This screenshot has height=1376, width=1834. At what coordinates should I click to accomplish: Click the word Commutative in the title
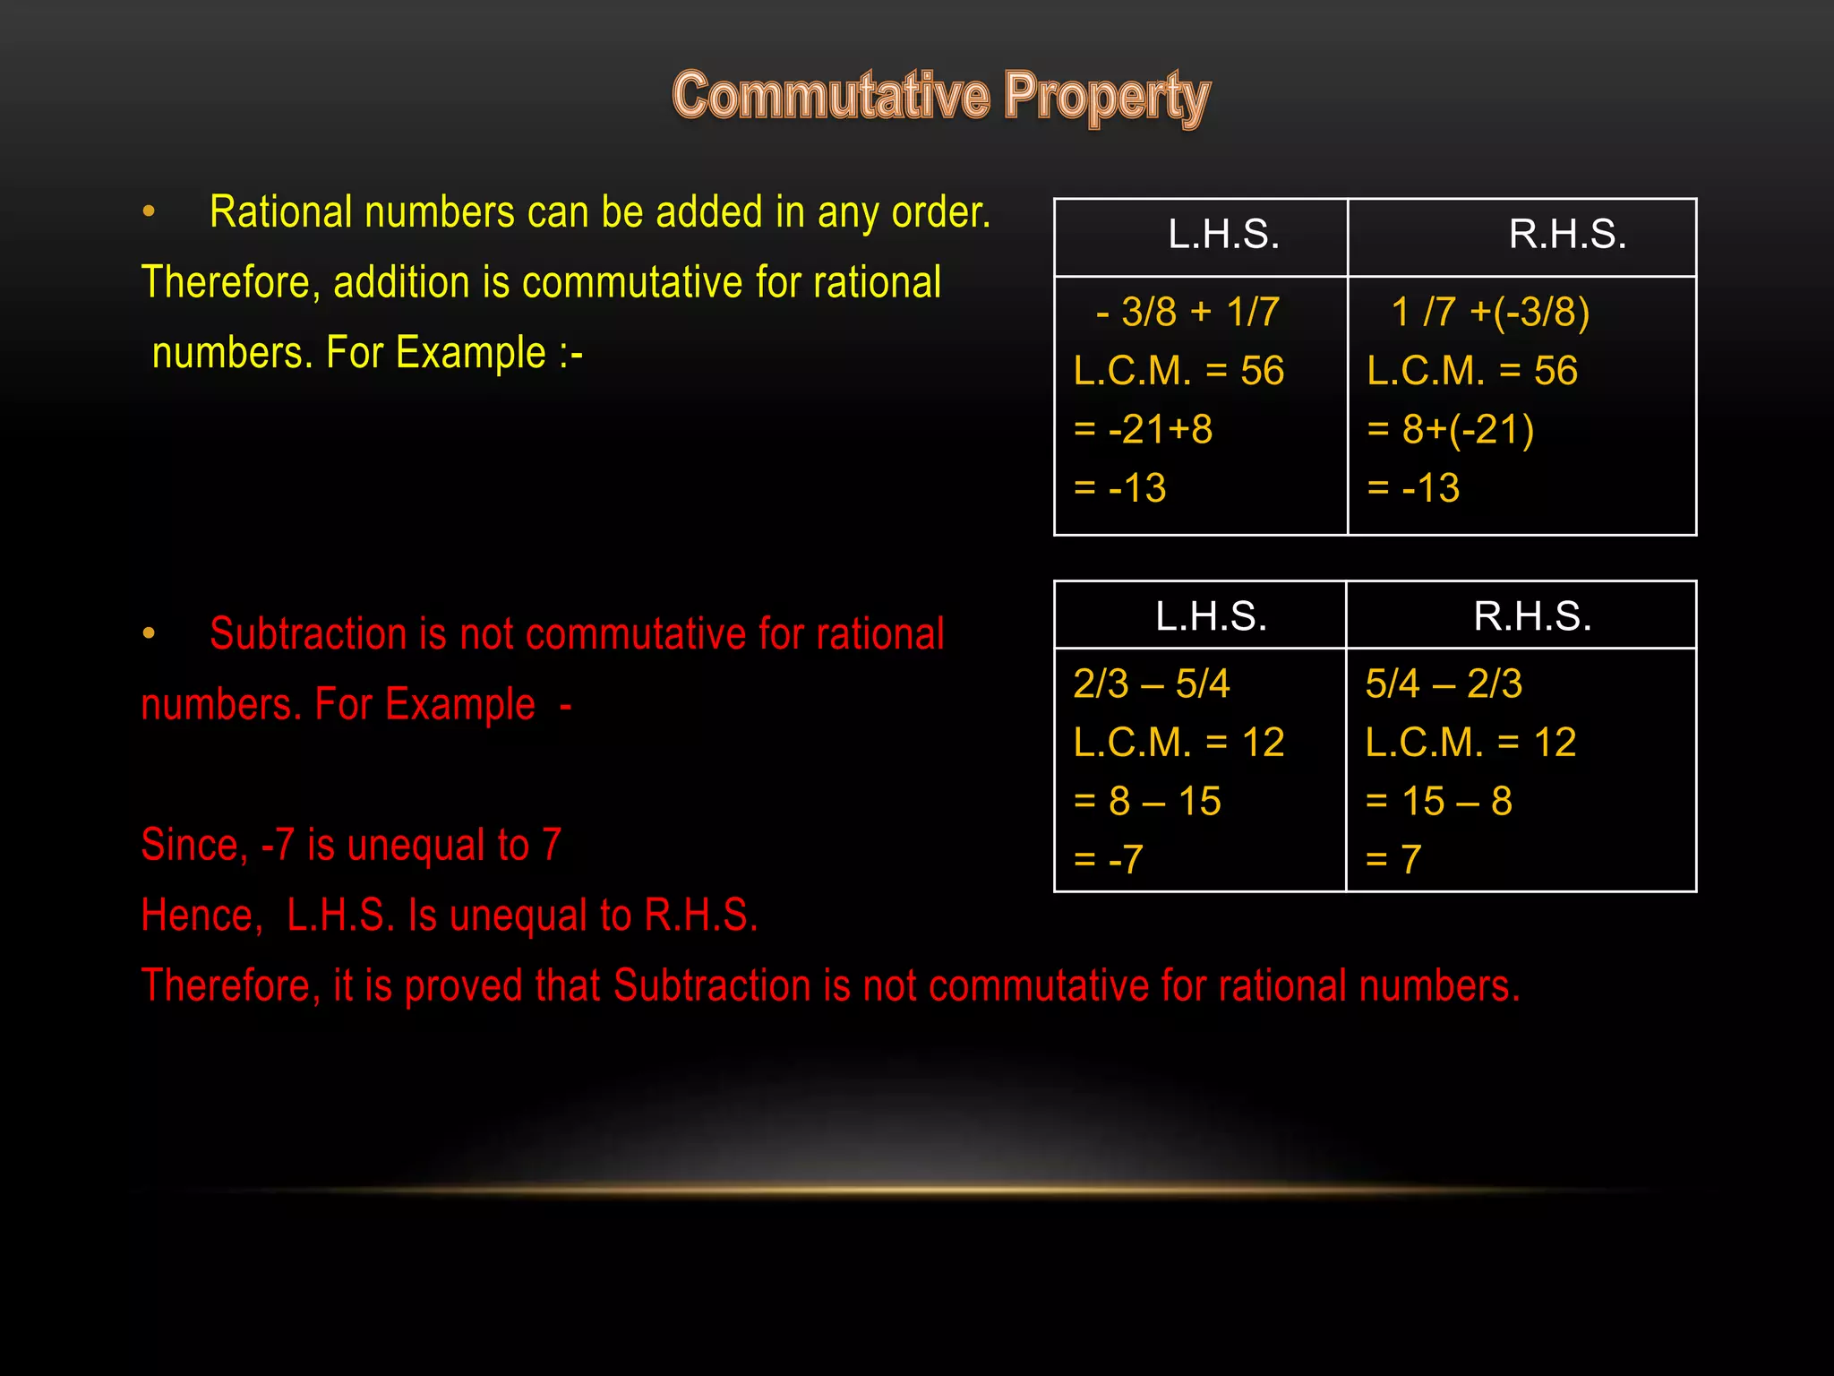pyautogui.click(x=831, y=96)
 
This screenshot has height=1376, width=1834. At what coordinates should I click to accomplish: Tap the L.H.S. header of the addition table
pyautogui.click(x=1223, y=235)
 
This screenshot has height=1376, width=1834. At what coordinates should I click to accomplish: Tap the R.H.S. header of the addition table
pyautogui.click(x=1566, y=235)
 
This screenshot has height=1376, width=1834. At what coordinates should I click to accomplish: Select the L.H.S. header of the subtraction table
pyautogui.click(x=1211, y=616)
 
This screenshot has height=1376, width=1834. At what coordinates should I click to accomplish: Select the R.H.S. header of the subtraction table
pyautogui.click(x=1532, y=616)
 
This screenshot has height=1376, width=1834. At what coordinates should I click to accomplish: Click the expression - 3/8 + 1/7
pyautogui.click(x=1187, y=312)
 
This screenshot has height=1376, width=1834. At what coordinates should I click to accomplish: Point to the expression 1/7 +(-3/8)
pyautogui.click(x=1490, y=312)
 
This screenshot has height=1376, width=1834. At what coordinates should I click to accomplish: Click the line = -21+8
pyautogui.click(x=1143, y=429)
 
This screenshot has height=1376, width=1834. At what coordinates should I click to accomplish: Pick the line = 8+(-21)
pyautogui.click(x=1450, y=429)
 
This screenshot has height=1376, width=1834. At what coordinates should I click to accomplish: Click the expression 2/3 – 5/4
pyautogui.click(x=1152, y=684)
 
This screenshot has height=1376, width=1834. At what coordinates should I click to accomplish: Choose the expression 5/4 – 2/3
pyautogui.click(x=1444, y=684)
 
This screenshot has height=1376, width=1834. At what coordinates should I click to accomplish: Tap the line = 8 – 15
pyautogui.click(x=1147, y=801)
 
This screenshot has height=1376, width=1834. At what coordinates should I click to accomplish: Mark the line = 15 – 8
pyautogui.click(x=1438, y=801)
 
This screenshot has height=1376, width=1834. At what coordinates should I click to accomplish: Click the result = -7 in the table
pyautogui.click(x=1109, y=859)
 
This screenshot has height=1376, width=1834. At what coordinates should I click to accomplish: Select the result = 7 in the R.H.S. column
pyautogui.click(x=1393, y=859)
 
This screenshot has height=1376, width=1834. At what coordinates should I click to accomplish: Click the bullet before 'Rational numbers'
pyautogui.click(x=149, y=213)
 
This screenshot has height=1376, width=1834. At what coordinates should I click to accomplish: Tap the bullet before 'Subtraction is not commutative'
pyautogui.click(x=149, y=634)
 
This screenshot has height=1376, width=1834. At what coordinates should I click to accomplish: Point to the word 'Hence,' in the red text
pyautogui.click(x=201, y=916)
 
